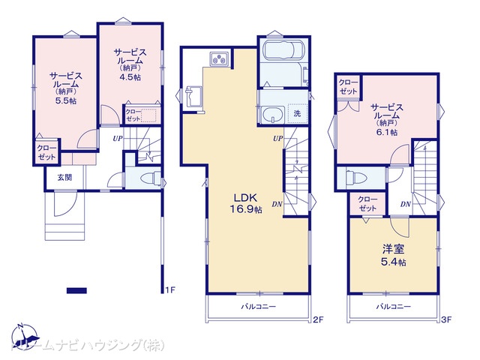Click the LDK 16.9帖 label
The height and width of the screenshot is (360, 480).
coord(245,203)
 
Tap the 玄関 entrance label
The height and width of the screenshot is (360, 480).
coord(64,177)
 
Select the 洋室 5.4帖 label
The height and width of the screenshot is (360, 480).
coord(394,255)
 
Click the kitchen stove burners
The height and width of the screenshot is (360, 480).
coord(219,58)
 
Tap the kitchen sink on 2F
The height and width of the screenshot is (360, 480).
coord(192,97)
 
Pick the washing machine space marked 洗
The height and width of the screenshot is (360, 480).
coord(297,113)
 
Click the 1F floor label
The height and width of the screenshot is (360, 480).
coord(170,289)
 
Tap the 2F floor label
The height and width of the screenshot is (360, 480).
coord(318,319)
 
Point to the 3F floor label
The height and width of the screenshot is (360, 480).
coord(446,319)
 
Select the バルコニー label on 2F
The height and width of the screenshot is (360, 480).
coord(258,307)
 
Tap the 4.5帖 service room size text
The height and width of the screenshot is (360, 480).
coord(130,76)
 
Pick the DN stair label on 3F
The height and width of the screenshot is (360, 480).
coord(405,204)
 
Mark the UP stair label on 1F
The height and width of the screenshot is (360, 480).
coord(118,138)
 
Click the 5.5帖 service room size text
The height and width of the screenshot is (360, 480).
coord(66,100)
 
